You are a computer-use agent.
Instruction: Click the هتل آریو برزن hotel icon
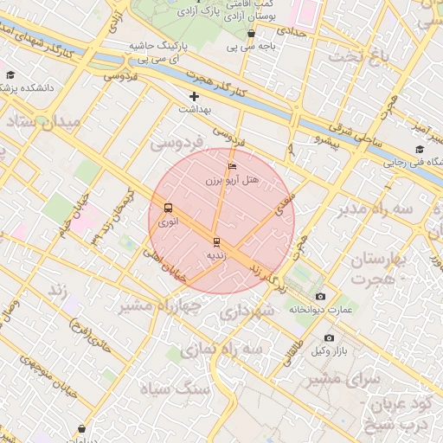tap(231, 165)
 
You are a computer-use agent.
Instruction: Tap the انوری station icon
tap(167, 208)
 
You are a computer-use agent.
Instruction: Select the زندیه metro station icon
tap(215, 241)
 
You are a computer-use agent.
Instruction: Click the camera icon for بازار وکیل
tap(329, 337)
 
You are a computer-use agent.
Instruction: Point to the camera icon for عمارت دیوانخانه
tap(321, 296)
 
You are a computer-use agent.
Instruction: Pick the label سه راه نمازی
tap(228, 347)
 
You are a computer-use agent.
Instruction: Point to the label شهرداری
tap(247, 310)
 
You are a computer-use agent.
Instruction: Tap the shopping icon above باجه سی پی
tap(251, 34)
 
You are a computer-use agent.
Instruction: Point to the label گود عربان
tap(402, 405)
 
